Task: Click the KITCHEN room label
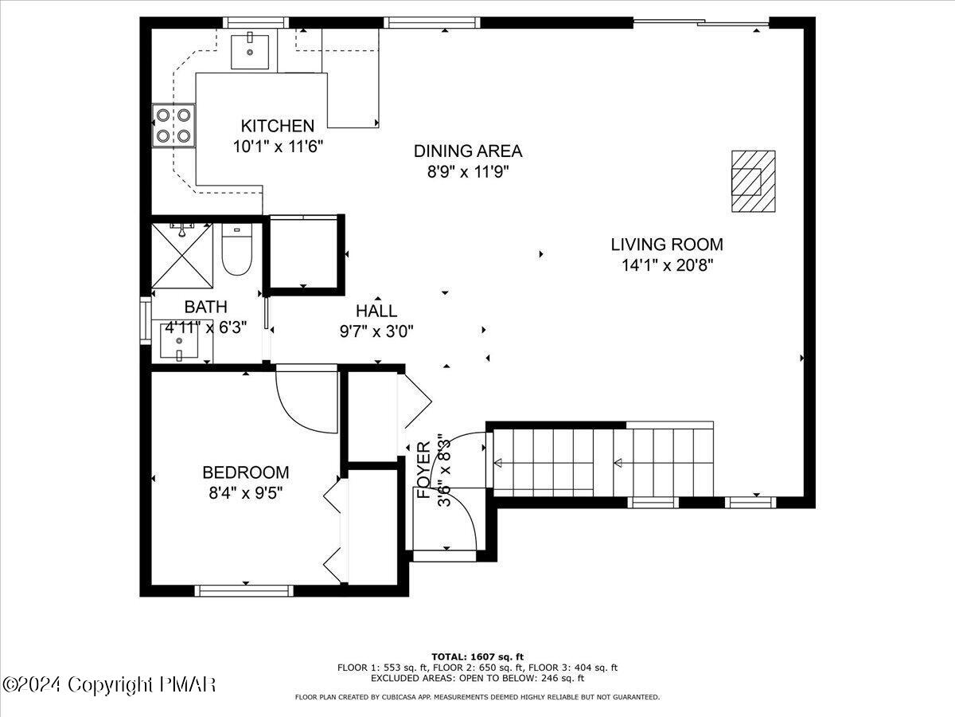coord(278,126)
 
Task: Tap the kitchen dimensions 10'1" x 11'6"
coord(278,147)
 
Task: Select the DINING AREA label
coord(468,151)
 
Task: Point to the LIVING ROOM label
coord(667,245)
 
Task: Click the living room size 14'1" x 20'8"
coord(667,265)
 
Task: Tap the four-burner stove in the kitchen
coord(174,126)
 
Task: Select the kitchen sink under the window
coord(251,51)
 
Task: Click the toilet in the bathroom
coord(236,253)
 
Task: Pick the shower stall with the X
coord(182,256)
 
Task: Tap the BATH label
coord(205,307)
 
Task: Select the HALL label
coord(376,311)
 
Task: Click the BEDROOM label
coord(245,472)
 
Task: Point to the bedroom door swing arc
coord(306,406)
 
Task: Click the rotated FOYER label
coord(424,470)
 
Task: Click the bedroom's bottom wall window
coord(244,590)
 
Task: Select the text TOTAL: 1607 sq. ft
coord(477,656)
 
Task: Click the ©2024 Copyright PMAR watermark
coord(109,684)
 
